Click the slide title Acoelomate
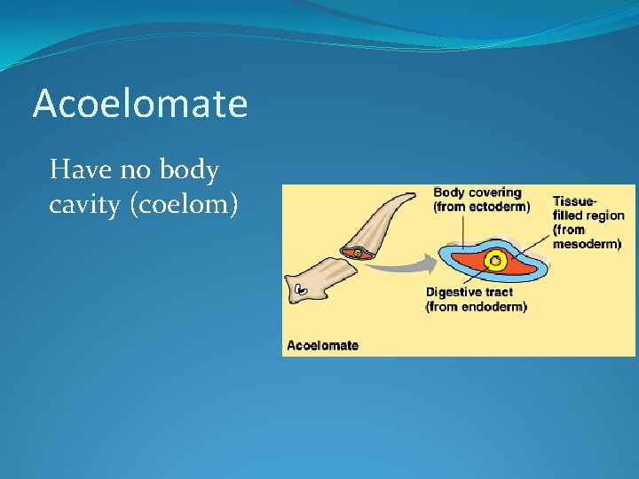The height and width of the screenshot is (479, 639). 140,104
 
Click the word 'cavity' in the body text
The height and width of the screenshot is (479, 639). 85,205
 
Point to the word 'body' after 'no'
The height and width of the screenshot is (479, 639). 187,169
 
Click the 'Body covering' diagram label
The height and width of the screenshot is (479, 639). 477,192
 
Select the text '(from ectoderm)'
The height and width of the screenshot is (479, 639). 481,207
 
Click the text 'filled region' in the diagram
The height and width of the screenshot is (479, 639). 588,216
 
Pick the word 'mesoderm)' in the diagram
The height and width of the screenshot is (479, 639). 587,244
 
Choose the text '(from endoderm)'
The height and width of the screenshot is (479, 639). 477,306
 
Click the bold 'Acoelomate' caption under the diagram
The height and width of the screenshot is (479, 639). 323,345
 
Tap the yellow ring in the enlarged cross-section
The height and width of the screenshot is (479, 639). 496,261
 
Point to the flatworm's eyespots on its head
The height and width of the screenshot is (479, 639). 300,289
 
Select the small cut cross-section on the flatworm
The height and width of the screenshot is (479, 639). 357,252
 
